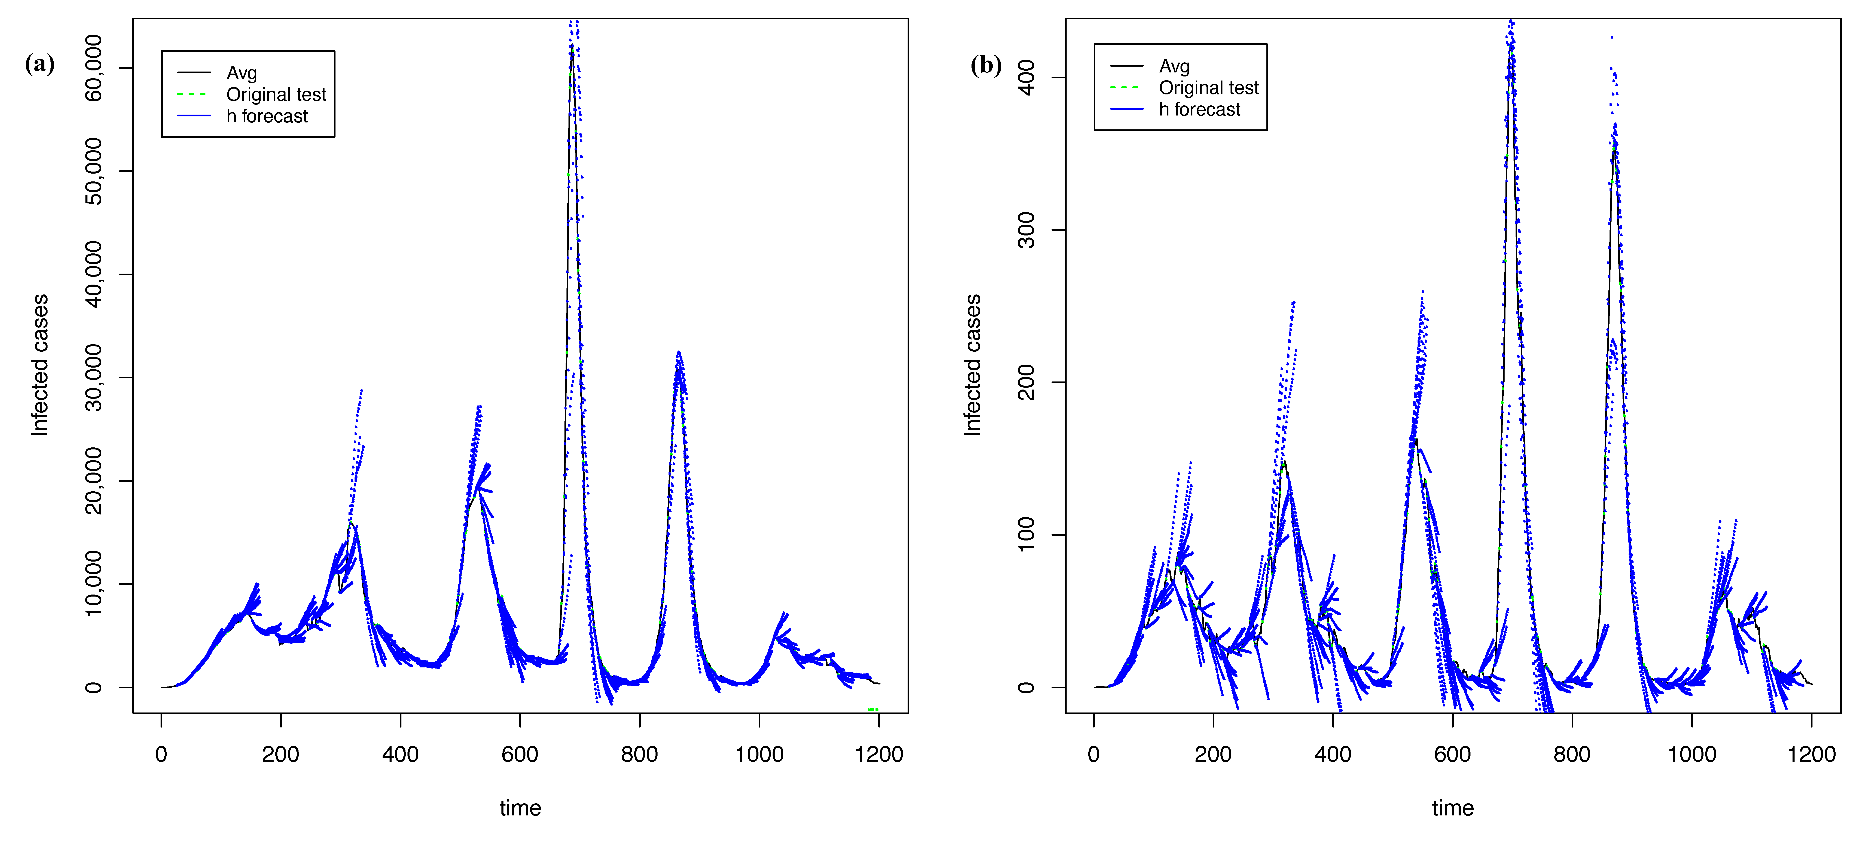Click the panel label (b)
986,65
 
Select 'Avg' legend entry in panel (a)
242,73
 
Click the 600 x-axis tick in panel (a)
519,755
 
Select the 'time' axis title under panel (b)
1453,808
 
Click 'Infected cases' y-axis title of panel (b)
972,365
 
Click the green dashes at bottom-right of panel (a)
873,709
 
